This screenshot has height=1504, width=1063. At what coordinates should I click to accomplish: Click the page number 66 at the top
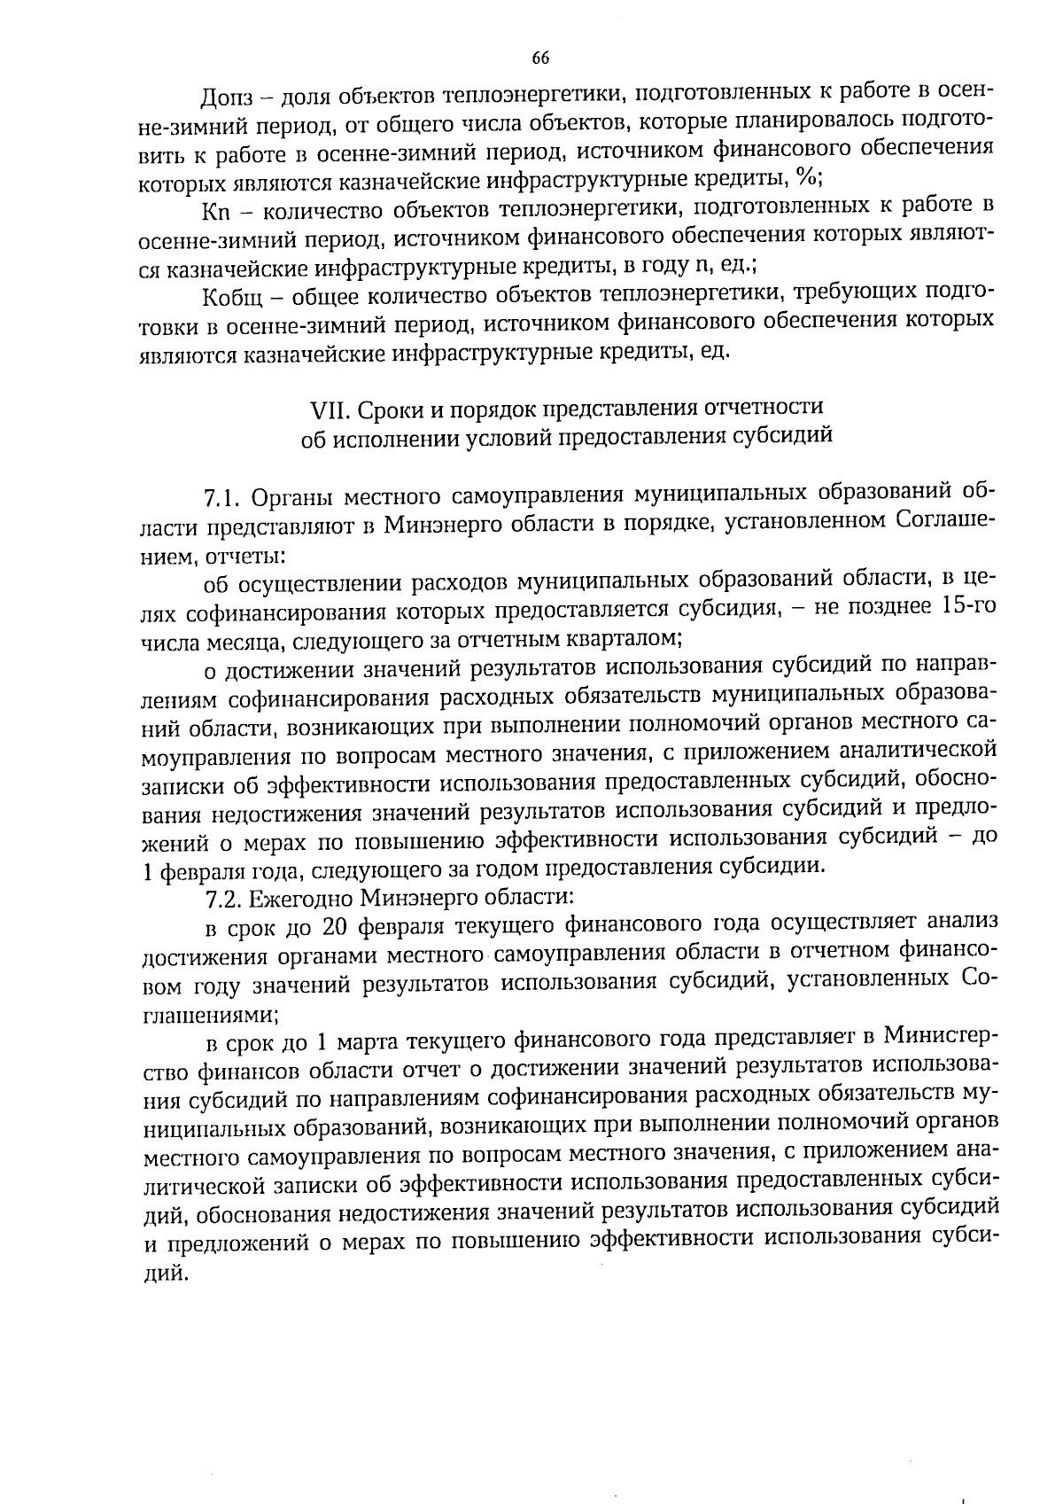point(540,58)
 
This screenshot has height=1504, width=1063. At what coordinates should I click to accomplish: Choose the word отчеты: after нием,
point(244,556)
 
